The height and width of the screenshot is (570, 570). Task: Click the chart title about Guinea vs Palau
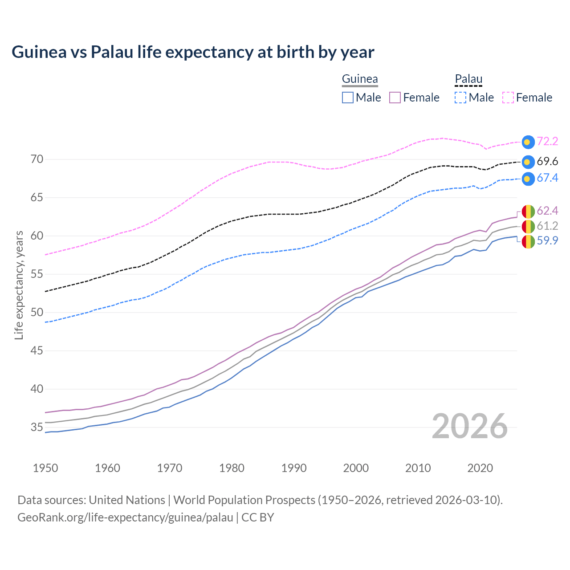[193, 52]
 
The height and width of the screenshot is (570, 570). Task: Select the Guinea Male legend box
[348, 98]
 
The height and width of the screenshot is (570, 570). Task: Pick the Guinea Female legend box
[395, 98]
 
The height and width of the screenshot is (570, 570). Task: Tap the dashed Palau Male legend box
[460, 98]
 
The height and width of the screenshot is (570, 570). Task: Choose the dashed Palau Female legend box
[508, 98]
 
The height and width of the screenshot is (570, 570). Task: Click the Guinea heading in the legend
[360, 79]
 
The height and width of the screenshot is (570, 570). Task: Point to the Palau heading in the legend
[468, 79]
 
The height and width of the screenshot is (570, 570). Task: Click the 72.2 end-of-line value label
[547, 142]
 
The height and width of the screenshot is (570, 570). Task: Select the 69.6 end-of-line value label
[547, 161]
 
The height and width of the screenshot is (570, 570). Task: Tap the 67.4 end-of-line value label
[547, 178]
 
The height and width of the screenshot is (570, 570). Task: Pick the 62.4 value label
[547, 211]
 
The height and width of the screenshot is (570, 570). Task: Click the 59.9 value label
[547, 241]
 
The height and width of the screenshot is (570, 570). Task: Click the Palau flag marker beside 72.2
[528, 142]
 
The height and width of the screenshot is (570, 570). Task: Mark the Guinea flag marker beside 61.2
[528, 226]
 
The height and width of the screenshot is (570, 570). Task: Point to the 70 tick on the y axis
[37, 159]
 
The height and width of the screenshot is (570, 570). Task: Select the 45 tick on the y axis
[37, 351]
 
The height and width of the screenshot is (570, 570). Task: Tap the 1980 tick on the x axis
[232, 468]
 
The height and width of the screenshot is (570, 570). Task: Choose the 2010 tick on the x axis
[418, 468]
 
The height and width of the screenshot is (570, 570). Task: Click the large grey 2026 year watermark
[470, 426]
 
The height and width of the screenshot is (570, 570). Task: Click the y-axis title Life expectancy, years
[19, 285]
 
